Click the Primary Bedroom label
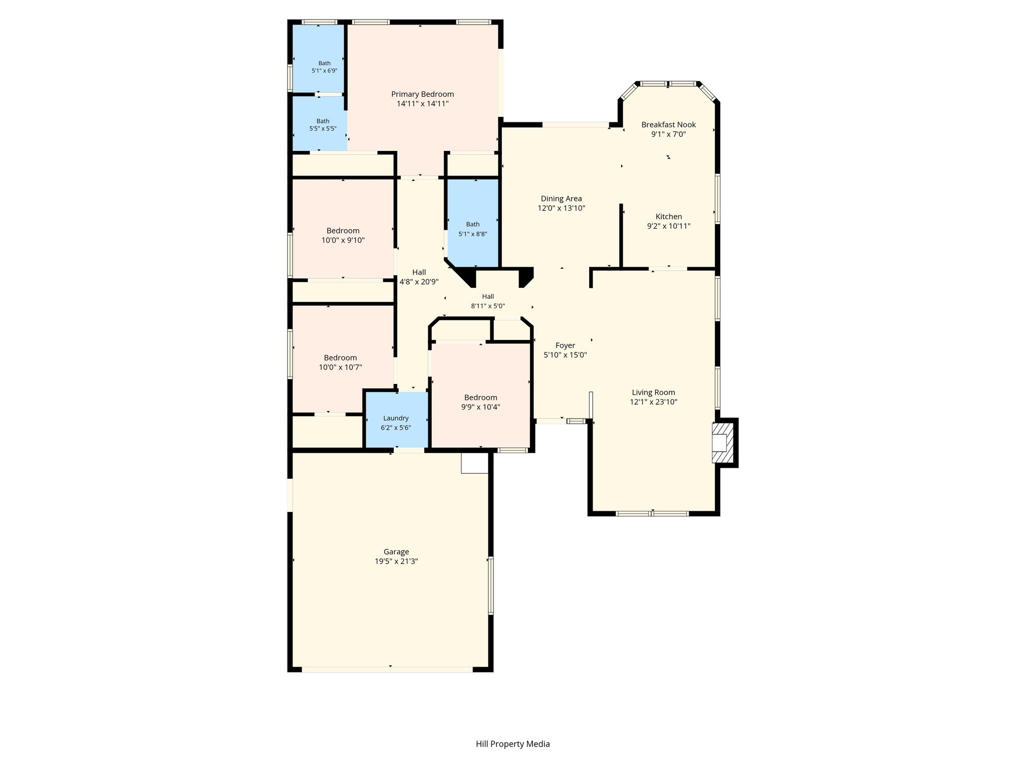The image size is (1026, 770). click(x=422, y=94)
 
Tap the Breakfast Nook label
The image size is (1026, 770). click(x=668, y=125)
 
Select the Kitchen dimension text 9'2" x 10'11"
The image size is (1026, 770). click(x=668, y=226)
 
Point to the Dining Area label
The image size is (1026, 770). click(x=561, y=199)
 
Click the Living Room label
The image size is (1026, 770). click(x=653, y=393)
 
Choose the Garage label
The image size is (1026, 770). click(x=396, y=552)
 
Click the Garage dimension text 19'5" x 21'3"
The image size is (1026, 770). click(x=396, y=561)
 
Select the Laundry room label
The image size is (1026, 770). click(x=396, y=418)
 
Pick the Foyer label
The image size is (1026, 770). click(x=565, y=345)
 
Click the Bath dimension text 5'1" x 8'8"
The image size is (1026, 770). click(x=473, y=234)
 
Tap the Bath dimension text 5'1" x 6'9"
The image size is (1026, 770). click(x=324, y=71)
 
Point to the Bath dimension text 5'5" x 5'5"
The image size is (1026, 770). click(x=323, y=129)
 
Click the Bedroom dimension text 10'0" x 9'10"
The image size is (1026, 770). click(x=343, y=240)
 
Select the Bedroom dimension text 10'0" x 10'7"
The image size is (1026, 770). click(x=341, y=367)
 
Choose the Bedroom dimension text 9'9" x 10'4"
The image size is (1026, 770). click(x=480, y=407)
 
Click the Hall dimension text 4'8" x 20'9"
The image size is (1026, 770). click(x=419, y=282)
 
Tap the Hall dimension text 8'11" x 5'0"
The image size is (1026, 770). click(x=488, y=306)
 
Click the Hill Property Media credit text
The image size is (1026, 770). click(x=513, y=744)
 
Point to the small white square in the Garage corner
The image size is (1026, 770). click(x=474, y=463)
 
